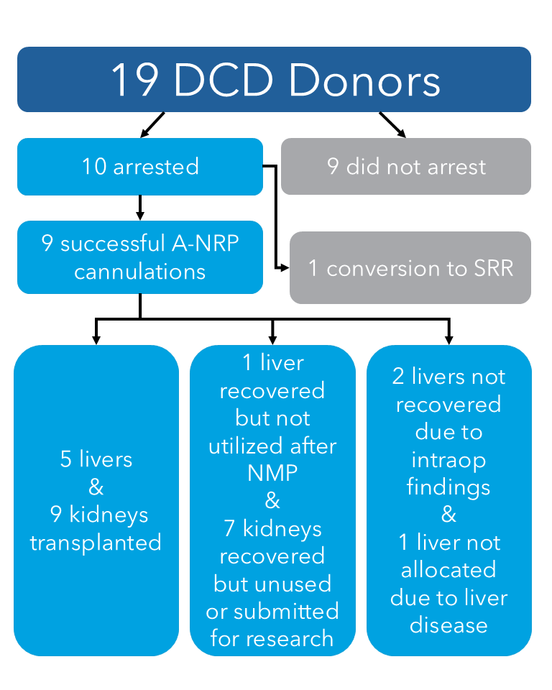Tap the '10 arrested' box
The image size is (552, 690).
(x=140, y=167)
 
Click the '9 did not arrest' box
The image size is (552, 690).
(x=406, y=167)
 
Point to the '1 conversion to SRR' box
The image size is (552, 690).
(x=410, y=268)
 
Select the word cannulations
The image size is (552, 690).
(x=140, y=272)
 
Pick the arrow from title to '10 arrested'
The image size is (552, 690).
(x=152, y=125)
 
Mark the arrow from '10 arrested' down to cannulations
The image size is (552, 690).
(x=140, y=208)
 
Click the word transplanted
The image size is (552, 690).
(x=96, y=542)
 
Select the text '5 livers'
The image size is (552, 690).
(x=96, y=459)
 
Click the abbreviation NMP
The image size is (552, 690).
(x=272, y=473)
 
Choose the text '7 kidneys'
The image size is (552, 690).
(x=272, y=528)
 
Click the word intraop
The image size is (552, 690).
(x=448, y=459)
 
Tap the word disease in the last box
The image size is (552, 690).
(x=448, y=625)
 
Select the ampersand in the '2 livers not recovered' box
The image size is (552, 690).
(x=448, y=515)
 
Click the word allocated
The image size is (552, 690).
(x=448, y=570)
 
